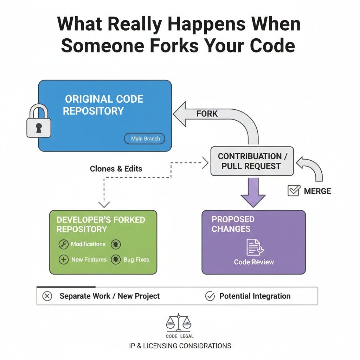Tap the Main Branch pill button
145,139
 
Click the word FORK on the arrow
207,114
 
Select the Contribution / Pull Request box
251,161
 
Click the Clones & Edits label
116,168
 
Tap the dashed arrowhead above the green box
104,204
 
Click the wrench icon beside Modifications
63,244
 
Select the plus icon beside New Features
63,260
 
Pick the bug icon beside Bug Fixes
115,260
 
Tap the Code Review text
254,262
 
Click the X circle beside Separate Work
47,296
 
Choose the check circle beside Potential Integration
210,296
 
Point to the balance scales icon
178,323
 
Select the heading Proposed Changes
233,224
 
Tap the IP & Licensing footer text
180,346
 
